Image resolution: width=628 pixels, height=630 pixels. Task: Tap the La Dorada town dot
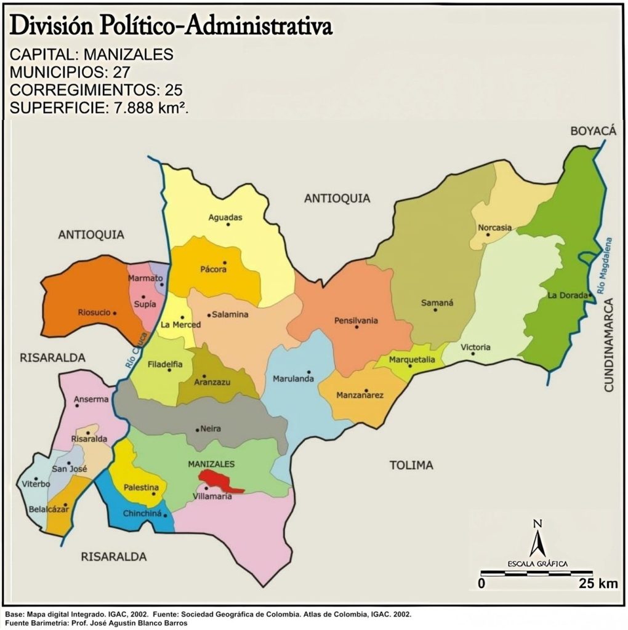[x=590, y=295]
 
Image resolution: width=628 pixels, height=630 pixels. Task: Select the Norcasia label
[x=494, y=228]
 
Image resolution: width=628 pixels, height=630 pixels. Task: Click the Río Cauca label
[x=137, y=350]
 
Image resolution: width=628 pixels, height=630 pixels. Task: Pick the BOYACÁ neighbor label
[x=593, y=130]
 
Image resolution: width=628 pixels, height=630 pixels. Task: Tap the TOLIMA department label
[x=411, y=465]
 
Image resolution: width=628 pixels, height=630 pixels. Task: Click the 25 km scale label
[x=598, y=583]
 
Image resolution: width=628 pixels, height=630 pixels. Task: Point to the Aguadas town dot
[x=228, y=225]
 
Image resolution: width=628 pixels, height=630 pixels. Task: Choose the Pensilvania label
[x=356, y=321]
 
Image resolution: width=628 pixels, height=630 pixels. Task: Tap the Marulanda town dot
[x=309, y=372]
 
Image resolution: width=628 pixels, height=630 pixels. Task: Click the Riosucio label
[x=94, y=313]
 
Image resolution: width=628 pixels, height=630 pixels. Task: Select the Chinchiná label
[x=142, y=513]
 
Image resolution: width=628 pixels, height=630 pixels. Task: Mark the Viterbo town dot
[x=36, y=478]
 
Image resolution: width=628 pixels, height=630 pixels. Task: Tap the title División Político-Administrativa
[x=171, y=26]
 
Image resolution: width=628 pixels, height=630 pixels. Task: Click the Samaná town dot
[x=435, y=309]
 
